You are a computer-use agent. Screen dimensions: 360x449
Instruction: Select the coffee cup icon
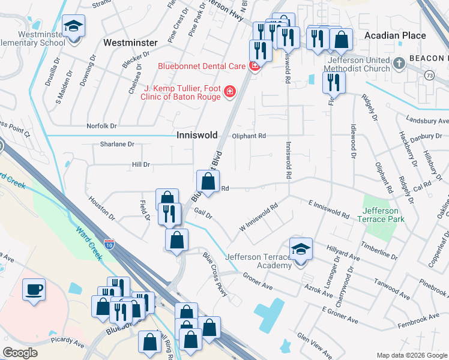(34, 290)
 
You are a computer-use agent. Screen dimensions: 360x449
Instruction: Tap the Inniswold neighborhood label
(196, 136)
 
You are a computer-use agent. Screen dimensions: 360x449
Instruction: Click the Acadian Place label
(395, 35)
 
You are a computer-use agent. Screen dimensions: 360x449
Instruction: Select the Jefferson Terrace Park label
(380, 215)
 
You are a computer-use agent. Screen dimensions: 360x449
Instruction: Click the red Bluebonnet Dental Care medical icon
(255, 65)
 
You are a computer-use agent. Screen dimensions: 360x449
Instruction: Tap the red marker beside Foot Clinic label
(229, 92)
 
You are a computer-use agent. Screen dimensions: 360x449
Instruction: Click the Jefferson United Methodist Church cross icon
(400, 63)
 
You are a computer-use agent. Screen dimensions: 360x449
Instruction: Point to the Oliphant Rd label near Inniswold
(249, 136)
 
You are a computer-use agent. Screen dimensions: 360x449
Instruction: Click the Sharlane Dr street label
(117, 144)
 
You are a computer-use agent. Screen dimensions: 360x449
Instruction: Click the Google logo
(20, 352)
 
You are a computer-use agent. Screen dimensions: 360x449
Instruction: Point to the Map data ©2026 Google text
(411, 355)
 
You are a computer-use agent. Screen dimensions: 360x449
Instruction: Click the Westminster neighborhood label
(130, 43)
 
